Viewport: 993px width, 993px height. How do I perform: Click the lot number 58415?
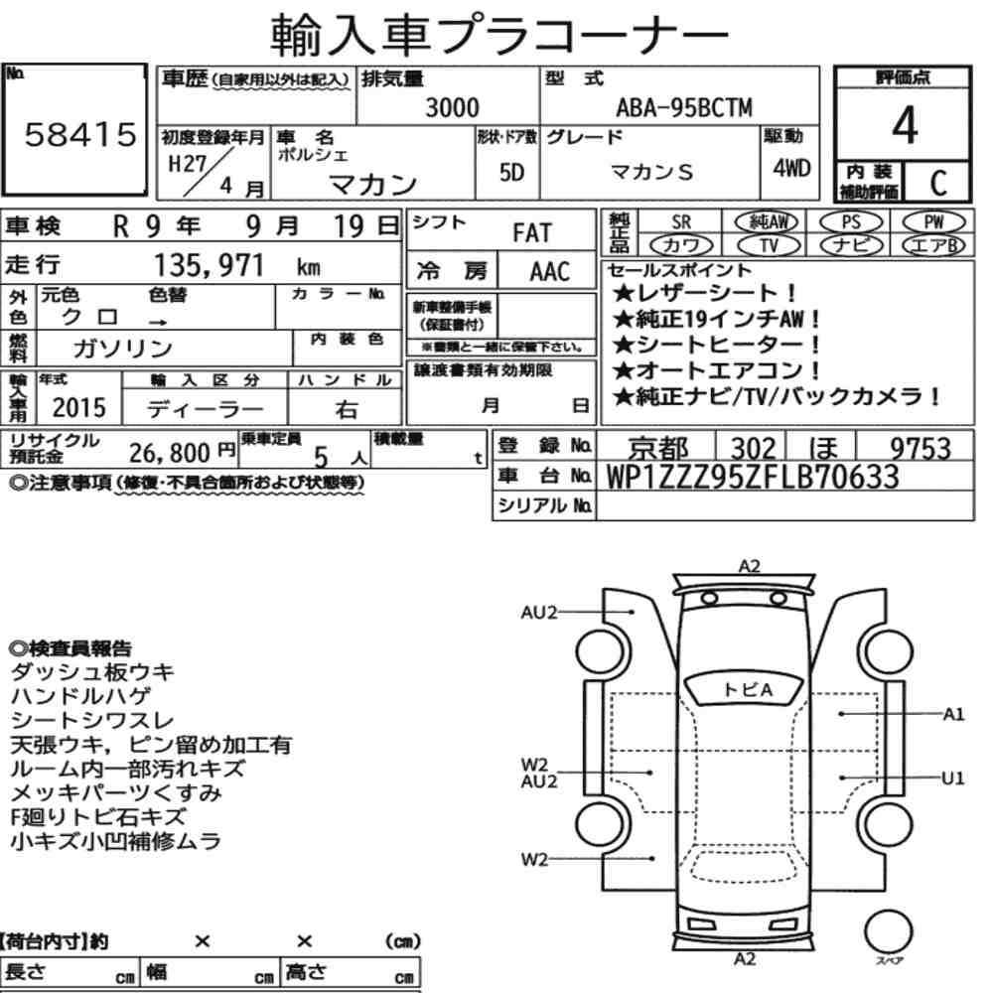click(x=80, y=134)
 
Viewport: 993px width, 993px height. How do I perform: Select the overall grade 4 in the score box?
click(x=905, y=125)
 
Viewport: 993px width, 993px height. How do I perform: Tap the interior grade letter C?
click(x=938, y=183)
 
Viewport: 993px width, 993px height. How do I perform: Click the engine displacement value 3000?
click(x=452, y=107)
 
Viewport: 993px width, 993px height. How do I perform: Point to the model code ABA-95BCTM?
click(x=684, y=107)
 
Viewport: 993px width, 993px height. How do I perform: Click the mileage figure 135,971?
click(x=209, y=265)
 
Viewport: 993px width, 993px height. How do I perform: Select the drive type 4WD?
click(x=791, y=169)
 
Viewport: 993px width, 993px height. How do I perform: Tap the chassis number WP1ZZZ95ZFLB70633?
click(x=753, y=477)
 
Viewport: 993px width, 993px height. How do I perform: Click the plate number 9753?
click(x=921, y=449)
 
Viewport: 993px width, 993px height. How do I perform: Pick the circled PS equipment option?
click(x=851, y=222)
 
